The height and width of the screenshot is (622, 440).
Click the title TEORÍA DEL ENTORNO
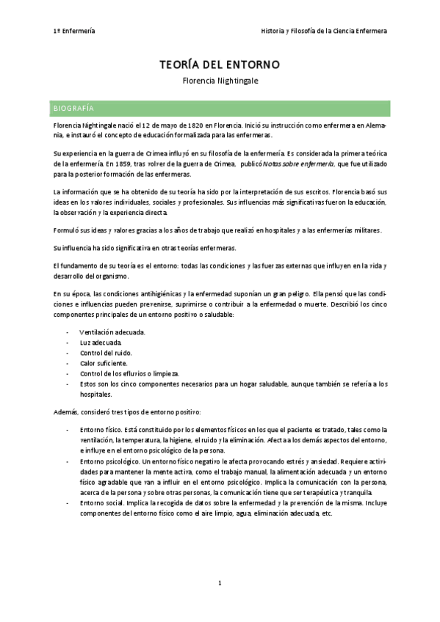tap(220, 65)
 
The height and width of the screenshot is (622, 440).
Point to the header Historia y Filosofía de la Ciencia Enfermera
tap(324, 31)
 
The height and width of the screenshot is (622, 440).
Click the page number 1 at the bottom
tap(220, 583)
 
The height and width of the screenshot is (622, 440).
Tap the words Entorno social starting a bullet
tap(102, 504)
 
